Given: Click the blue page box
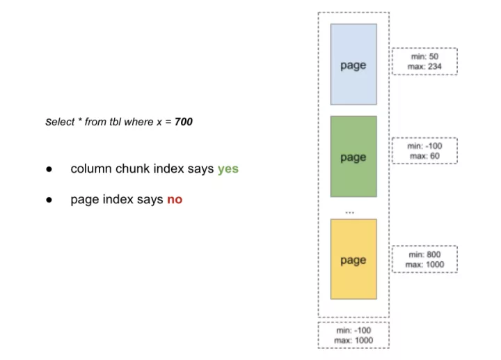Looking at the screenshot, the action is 353,64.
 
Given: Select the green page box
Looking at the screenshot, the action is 353,157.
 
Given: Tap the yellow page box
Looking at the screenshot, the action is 353,259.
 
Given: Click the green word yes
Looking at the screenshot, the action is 228,169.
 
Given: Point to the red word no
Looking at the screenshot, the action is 175,200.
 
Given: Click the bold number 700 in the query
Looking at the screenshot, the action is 184,122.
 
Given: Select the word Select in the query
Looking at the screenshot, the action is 60,122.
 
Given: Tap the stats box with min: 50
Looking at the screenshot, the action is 424,61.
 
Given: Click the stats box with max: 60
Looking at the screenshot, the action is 424,151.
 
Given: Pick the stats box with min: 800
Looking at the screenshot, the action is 424,259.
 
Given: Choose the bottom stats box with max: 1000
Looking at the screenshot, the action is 353,335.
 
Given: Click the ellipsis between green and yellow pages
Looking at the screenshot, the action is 350,212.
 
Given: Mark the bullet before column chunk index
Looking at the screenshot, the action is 49,169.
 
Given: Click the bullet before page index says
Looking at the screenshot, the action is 49,200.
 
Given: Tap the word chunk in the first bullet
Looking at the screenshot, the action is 129,169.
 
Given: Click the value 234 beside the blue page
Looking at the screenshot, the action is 434,67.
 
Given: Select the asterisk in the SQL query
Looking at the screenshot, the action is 80,120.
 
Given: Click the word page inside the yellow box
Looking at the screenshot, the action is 353,260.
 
